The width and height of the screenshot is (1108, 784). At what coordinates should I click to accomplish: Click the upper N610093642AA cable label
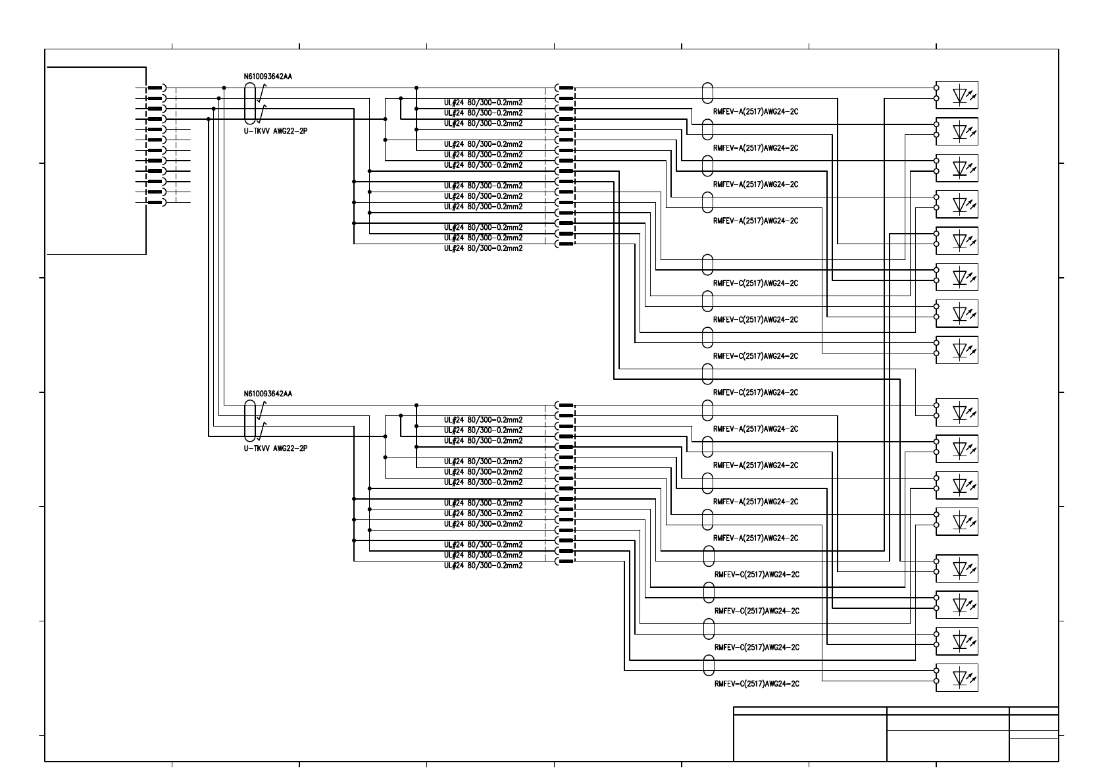point(268,76)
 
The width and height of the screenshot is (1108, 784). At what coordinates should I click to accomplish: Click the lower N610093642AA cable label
point(268,394)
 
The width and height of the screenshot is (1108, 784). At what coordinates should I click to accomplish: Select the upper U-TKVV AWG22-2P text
point(276,131)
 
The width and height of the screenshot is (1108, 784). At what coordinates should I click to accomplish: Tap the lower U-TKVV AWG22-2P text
point(276,448)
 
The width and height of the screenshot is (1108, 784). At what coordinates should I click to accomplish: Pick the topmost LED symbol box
point(957,95)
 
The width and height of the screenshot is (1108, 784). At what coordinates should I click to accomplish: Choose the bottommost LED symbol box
point(957,677)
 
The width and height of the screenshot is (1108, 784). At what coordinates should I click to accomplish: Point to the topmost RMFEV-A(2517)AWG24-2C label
point(755,112)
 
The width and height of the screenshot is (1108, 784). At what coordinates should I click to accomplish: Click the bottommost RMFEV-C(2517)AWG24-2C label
point(757,684)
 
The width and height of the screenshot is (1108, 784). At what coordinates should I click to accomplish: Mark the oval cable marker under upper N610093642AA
point(249,103)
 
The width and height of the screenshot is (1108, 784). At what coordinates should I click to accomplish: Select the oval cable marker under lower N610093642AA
point(249,421)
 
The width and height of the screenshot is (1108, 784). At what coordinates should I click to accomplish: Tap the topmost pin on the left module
point(155,88)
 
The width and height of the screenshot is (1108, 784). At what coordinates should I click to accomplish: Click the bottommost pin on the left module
point(155,202)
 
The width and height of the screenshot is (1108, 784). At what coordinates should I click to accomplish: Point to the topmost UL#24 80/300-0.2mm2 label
point(483,103)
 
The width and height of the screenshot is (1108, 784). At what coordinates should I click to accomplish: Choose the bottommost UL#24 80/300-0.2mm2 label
point(483,565)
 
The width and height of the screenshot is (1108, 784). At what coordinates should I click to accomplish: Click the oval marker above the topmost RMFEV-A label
point(707,93)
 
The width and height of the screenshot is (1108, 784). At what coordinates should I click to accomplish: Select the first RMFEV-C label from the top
point(755,284)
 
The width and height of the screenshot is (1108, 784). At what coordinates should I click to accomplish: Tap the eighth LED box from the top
point(957,350)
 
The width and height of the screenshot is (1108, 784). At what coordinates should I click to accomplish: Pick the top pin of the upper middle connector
point(565,88)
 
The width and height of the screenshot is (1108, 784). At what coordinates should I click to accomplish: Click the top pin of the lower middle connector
point(565,405)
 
